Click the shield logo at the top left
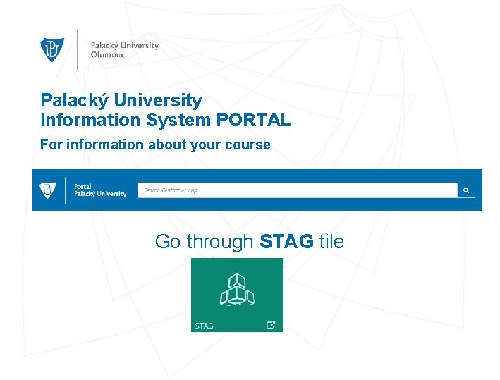(52, 49)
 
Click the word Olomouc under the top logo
(107, 55)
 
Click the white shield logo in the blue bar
(48, 190)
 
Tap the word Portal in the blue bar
(83, 187)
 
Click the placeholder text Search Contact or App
(170, 190)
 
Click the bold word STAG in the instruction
(286, 242)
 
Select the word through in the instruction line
(219, 242)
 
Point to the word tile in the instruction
(331, 242)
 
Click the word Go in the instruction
(167, 242)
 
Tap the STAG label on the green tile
(204, 326)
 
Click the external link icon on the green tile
(270, 325)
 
